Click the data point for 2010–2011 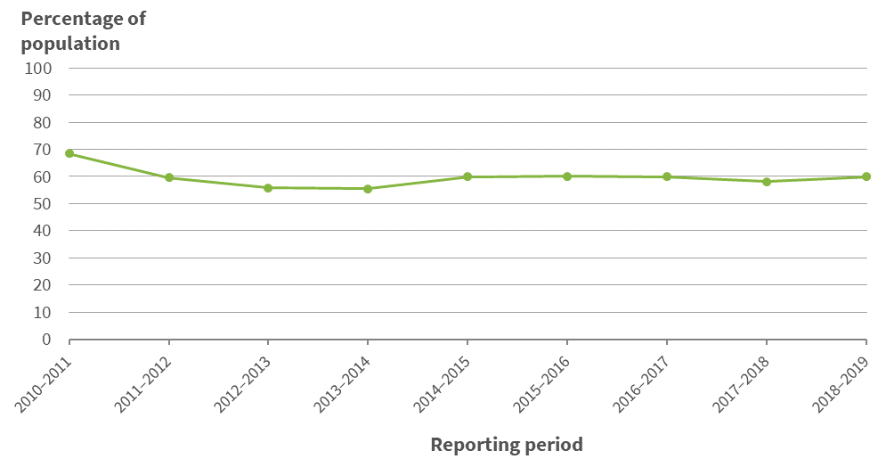click(x=69, y=153)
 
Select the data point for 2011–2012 click(x=169, y=177)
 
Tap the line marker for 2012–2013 click(x=268, y=188)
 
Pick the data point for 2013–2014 click(x=368, y=189)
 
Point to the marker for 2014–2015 click(x=467, y=176)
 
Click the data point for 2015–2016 click(x=567, y=176)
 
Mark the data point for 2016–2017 click(x=667, y=176)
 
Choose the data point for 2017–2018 click(x=767, y=182)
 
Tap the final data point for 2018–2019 click(x=866, y=176)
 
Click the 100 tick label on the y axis click(x=40, y=68)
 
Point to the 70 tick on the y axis click(x=44, y=150)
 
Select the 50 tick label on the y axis click(x=44, y=204)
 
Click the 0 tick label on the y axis click(x=48, y=340)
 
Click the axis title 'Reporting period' click(x=507, y=444)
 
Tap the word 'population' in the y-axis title click(x=70, y=43)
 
